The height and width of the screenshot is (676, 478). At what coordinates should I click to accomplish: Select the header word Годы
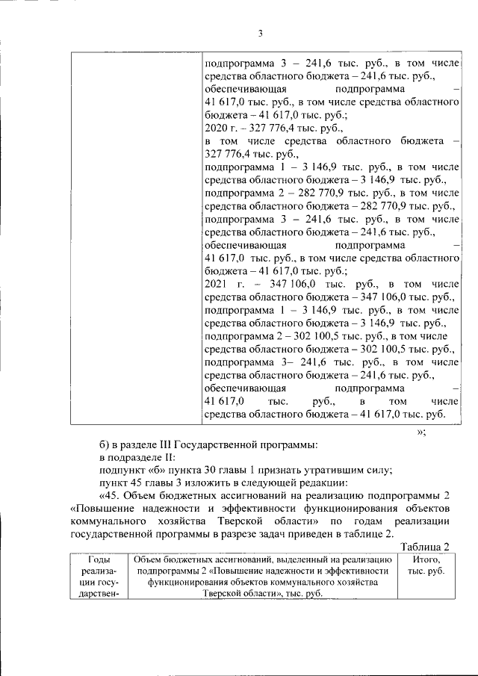(99, 559)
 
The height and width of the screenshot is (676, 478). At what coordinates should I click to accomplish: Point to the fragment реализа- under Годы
(99, 571)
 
